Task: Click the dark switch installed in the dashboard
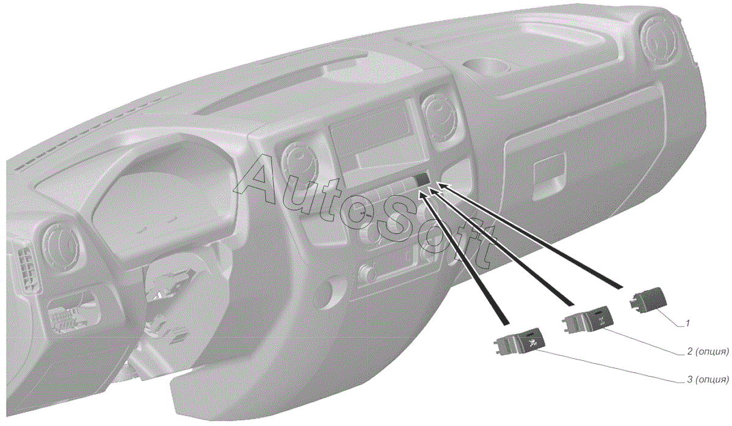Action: (x=423, y=179)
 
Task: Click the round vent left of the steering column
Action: (x=63, y=242)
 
